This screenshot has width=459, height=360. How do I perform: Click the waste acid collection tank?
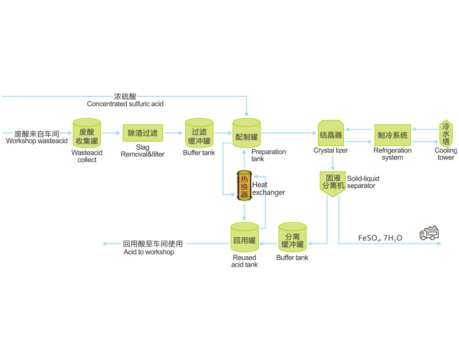pos(87,134)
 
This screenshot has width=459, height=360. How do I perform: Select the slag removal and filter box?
pos(143,133)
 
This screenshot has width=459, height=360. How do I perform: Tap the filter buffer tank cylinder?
pos(199,134)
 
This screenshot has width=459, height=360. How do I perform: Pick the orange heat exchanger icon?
pos(245,186)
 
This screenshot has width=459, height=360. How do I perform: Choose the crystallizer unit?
pos(330,134)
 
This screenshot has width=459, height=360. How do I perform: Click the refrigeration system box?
pos(393,135)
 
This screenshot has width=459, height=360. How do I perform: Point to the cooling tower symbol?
pos(446,134)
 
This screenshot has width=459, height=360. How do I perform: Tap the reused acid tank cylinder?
pos(245,238)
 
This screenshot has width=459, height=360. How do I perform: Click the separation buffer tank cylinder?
pos(292,238)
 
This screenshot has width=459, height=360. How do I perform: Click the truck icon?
pos(430,232)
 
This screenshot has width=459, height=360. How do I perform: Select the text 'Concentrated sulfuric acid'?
pos(125,104)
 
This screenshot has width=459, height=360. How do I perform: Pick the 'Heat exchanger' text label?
pos(268,189)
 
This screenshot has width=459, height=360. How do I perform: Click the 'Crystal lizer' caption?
pos(330,151)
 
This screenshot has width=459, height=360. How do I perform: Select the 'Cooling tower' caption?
pos(446,154)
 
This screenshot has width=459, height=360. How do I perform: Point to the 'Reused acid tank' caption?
pos(244,261)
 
